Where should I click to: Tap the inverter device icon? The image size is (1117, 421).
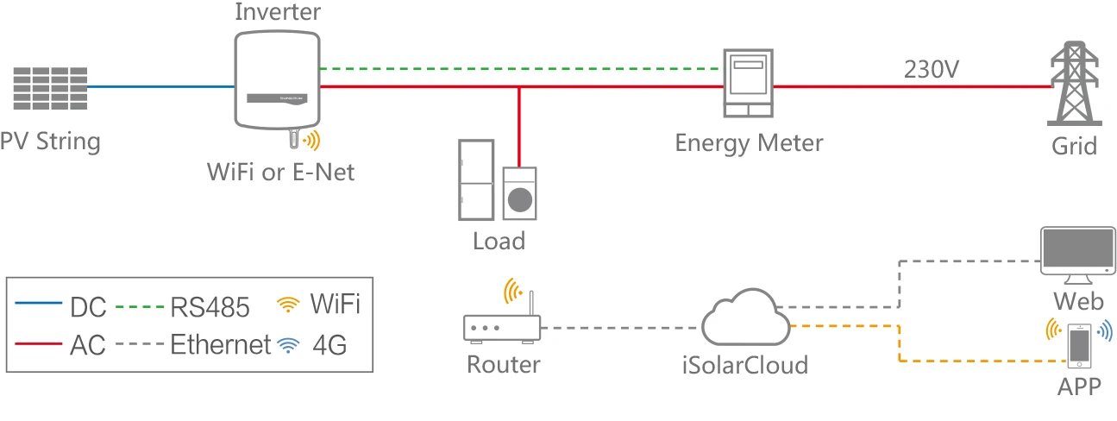[x=276, y=80]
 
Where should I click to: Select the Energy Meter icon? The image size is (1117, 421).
[x=747, y=83]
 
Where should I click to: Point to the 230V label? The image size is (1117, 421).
[x=932, y=70]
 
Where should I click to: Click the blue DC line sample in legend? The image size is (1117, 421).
[x=40, y=304]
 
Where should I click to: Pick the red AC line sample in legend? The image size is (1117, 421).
[x=40, y=344]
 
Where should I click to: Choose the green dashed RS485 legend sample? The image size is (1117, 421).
[x=140, y=304]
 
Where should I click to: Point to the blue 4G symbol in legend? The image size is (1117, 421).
[x=286, y=346]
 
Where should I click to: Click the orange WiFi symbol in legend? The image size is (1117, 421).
[x=288, y=304]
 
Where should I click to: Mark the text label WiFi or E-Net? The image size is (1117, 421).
[x=280, y=171]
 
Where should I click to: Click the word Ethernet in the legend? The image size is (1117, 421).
[x=220, y=345]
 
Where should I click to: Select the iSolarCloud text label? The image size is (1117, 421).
[x=743, y=365]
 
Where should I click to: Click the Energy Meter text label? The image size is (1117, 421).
[x=749, y=142]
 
